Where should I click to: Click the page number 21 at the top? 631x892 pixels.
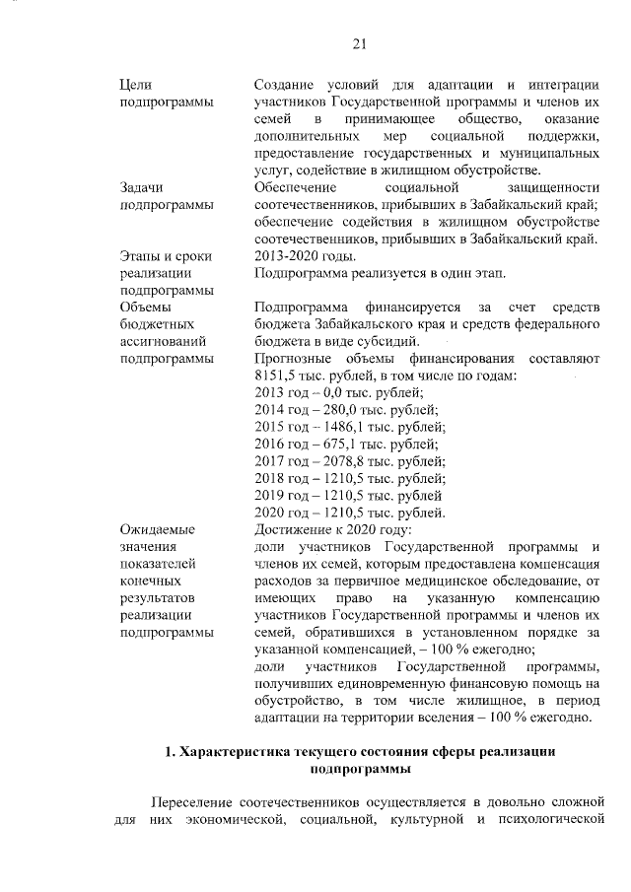(x=359, y=42)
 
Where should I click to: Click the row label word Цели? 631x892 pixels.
(x=134, y=85)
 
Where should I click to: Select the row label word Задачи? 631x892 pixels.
(x=140, y=186)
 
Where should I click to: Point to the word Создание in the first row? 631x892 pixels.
(x=286, y=85)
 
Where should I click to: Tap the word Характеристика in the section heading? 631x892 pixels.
(x=235, y=752)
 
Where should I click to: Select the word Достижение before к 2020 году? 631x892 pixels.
(x=294, y=529)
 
